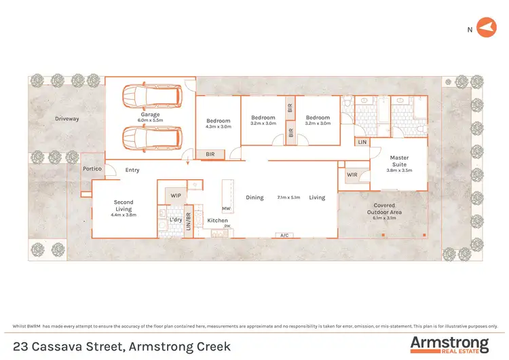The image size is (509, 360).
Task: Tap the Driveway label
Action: pos(67,119)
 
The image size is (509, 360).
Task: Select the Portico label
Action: pos(92,168)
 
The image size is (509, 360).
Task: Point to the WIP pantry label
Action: pos(176,196)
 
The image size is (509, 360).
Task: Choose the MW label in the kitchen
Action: pos(227,209)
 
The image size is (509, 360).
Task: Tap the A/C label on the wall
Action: pos(285,235)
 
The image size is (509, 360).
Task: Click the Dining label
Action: pos(254,198)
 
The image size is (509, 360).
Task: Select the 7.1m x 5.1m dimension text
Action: pos(288,198)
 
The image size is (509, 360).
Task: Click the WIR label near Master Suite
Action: pos(352,175)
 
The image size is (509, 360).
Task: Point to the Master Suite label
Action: pos(399,161)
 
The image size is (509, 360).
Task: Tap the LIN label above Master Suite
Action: pos(362,142)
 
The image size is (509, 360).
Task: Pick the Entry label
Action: pos(132,170)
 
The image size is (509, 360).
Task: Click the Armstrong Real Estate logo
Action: pos(449,344)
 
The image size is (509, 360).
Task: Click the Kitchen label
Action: pos(218,220)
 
